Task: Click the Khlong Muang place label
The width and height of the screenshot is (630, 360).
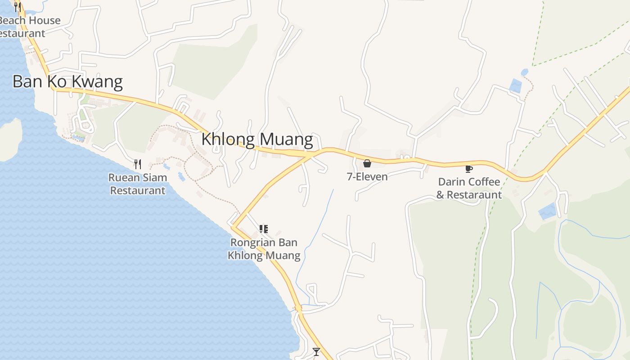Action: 257,139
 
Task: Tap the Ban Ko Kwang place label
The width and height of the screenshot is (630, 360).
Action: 67,81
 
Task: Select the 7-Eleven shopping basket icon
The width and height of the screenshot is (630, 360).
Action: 367,163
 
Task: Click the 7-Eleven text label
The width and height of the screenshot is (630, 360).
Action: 367,176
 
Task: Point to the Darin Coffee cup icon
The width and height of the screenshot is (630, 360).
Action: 468,169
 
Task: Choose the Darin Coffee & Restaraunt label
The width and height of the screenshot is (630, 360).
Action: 469,188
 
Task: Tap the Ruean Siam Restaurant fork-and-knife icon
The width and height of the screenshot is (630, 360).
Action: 138,164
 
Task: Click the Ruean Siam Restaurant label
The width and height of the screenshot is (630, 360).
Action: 138,184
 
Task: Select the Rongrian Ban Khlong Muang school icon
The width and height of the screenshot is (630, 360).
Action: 264,229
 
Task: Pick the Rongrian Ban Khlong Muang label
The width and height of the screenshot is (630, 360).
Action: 264,249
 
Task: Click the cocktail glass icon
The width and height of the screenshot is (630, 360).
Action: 316,351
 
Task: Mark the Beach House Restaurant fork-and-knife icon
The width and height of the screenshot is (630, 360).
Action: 17,7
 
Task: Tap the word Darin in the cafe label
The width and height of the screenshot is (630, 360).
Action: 451,182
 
